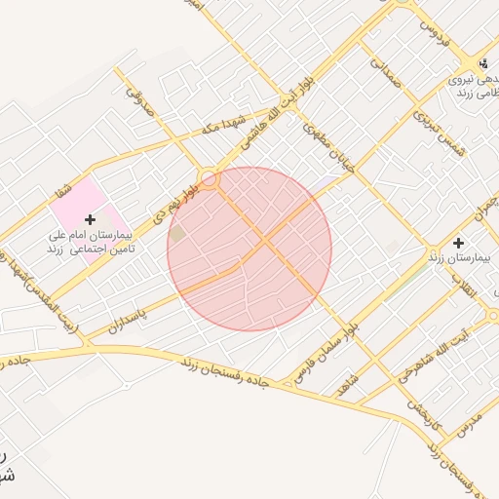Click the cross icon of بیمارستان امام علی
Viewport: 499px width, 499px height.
coord(91,219)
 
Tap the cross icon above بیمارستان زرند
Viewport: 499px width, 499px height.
coord(459,241)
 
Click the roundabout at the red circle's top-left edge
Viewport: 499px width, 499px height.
coord(209,178)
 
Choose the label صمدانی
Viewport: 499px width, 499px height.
coord(383,77)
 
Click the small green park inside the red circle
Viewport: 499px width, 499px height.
coord(177,234)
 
